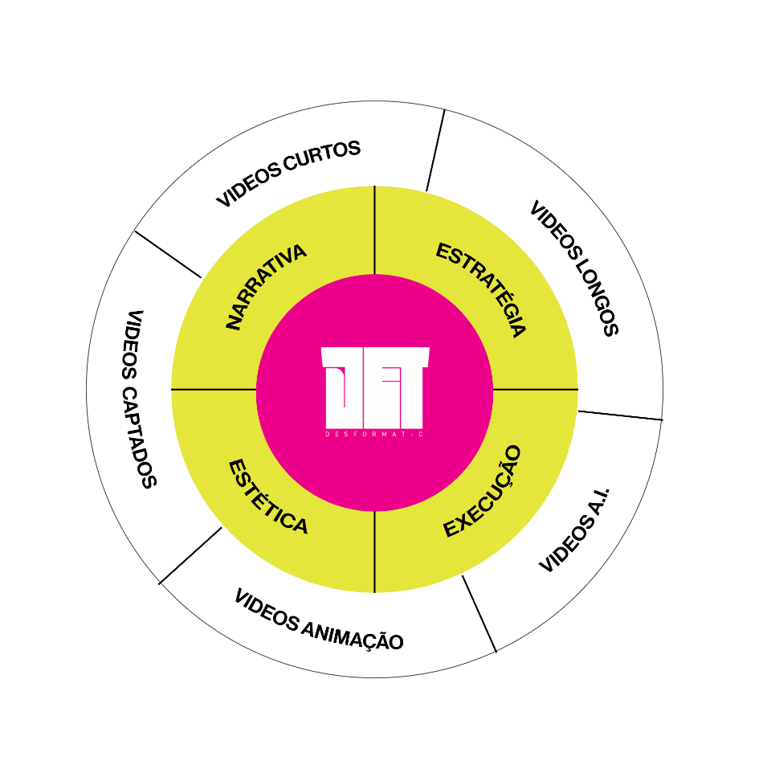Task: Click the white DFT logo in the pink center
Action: [x=375, y=388]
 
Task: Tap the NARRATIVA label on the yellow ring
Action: [x=266, y=287]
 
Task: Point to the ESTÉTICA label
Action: [x=268, y=497]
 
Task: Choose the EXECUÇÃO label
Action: [x=483, y=492]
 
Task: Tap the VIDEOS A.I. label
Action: [x=575, y=529]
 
